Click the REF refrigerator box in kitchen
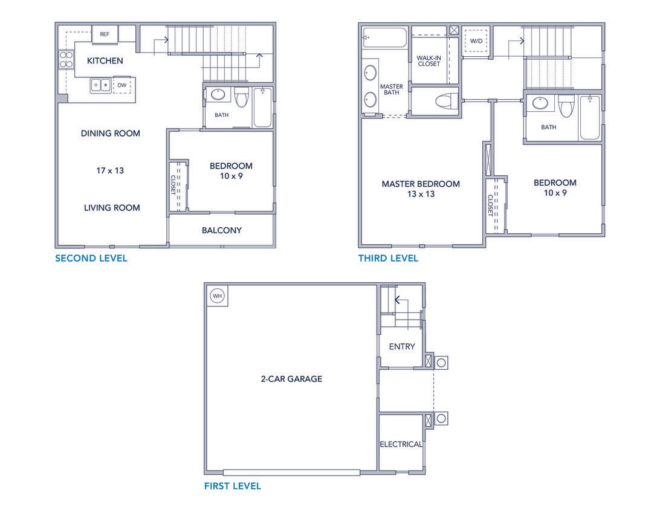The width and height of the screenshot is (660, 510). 105,34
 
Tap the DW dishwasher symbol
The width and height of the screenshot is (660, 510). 122,85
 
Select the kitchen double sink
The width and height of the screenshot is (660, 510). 101,85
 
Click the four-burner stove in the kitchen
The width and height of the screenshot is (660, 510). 66,59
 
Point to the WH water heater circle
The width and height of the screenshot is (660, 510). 216,296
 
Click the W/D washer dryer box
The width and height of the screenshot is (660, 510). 476,42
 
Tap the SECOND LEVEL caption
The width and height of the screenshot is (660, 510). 91,259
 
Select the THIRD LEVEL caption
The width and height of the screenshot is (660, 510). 388,259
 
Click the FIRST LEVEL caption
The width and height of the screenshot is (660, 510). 233,486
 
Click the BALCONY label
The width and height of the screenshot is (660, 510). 222,230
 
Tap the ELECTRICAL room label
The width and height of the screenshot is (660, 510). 401,444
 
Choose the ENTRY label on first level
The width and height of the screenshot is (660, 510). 402,347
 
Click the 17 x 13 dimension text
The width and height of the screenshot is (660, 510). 110,170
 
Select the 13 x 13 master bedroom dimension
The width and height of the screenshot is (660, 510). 421,194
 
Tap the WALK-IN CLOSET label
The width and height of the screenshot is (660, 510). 429,60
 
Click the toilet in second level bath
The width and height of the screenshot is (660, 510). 242,97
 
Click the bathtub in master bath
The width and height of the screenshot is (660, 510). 385,37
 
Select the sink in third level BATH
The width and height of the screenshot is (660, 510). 541,103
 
